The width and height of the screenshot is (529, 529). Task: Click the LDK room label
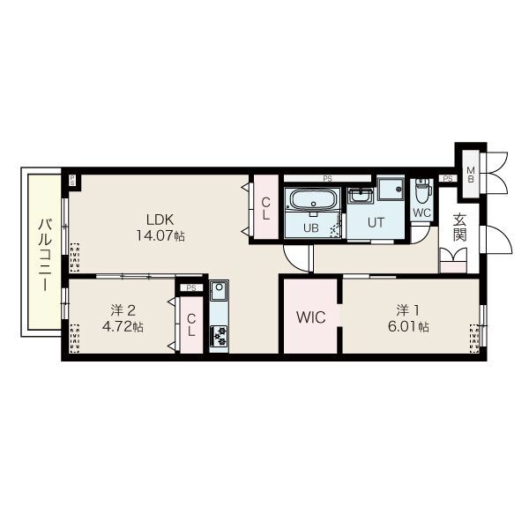tap(160, 220)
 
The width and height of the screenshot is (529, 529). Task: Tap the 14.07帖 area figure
tap(160, 235)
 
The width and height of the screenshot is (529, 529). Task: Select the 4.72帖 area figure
tap(123, 326)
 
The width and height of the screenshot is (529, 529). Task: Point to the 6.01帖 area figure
tap(408, 326)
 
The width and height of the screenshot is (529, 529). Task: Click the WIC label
tap(310, 317)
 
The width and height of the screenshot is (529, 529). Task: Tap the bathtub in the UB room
tap(313, 200)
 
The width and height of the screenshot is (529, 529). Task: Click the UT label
tap(376, 223)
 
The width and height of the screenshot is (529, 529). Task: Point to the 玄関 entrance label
tap(459, 227)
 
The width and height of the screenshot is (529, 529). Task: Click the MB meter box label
tap(470, 174)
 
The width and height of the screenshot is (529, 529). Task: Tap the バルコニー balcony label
tap(45, 255)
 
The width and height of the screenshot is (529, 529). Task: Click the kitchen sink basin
tap(219, 290)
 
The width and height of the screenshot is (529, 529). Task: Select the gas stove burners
tap(219, 336)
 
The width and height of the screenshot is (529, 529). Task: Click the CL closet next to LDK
tap(266, 208)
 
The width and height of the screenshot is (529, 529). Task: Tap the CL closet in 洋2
tap(191, 324)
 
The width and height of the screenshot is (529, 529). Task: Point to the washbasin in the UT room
tap(361, 196)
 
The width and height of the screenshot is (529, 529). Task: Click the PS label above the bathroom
tap(327, 179)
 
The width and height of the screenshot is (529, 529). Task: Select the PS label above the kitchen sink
tap(191, 288)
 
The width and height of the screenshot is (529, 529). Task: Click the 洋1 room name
tap(407, 310)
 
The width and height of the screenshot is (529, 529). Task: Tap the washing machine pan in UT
tap(391, 189)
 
